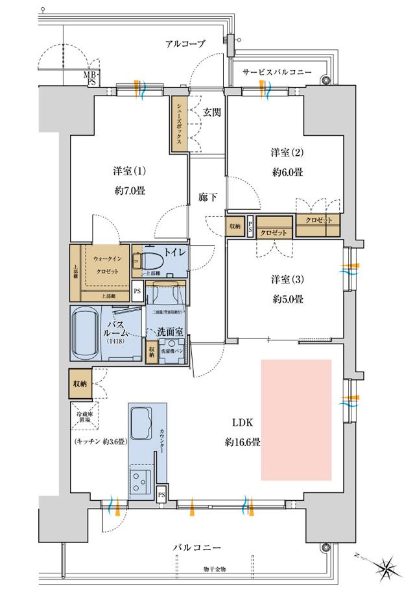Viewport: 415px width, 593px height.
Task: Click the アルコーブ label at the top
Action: [185, 44]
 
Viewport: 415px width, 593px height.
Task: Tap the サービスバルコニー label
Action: [277, 71]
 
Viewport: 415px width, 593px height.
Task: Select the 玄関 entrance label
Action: [212, 112]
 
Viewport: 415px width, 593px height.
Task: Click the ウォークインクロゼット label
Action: [104, 264]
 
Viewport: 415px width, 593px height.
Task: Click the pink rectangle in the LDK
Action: [296, 420]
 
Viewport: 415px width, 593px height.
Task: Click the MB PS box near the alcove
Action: [89, 78]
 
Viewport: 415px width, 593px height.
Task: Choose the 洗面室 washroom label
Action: [170, 332]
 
